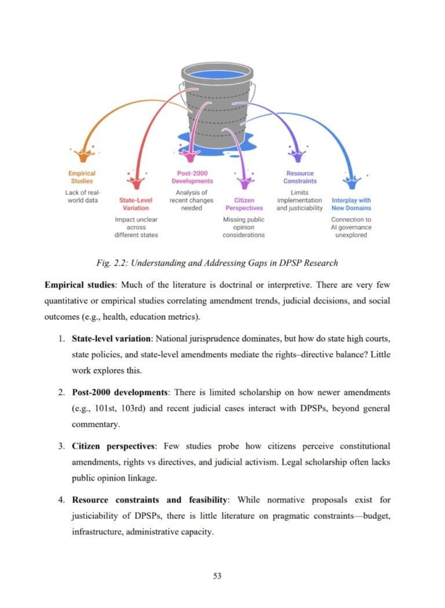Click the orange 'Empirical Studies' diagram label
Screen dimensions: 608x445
(x=82, y=176)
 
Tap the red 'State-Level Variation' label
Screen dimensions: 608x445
(x=136, y=204)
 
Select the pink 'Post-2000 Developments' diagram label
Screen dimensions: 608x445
(x=192, y=176)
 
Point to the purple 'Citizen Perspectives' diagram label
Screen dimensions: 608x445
(x=244, y=204)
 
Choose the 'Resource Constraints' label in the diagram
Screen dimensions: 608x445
(x=300, y=176)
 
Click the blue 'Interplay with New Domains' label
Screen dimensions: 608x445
(x=351, y=204)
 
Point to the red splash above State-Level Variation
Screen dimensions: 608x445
(x=136, y=182)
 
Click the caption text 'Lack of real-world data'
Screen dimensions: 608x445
(x=82, y=196)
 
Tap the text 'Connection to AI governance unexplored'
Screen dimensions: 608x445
(x=351, y=227)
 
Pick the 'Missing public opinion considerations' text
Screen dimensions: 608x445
(x=244, y=227)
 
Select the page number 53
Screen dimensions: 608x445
(x=218, y=576)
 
